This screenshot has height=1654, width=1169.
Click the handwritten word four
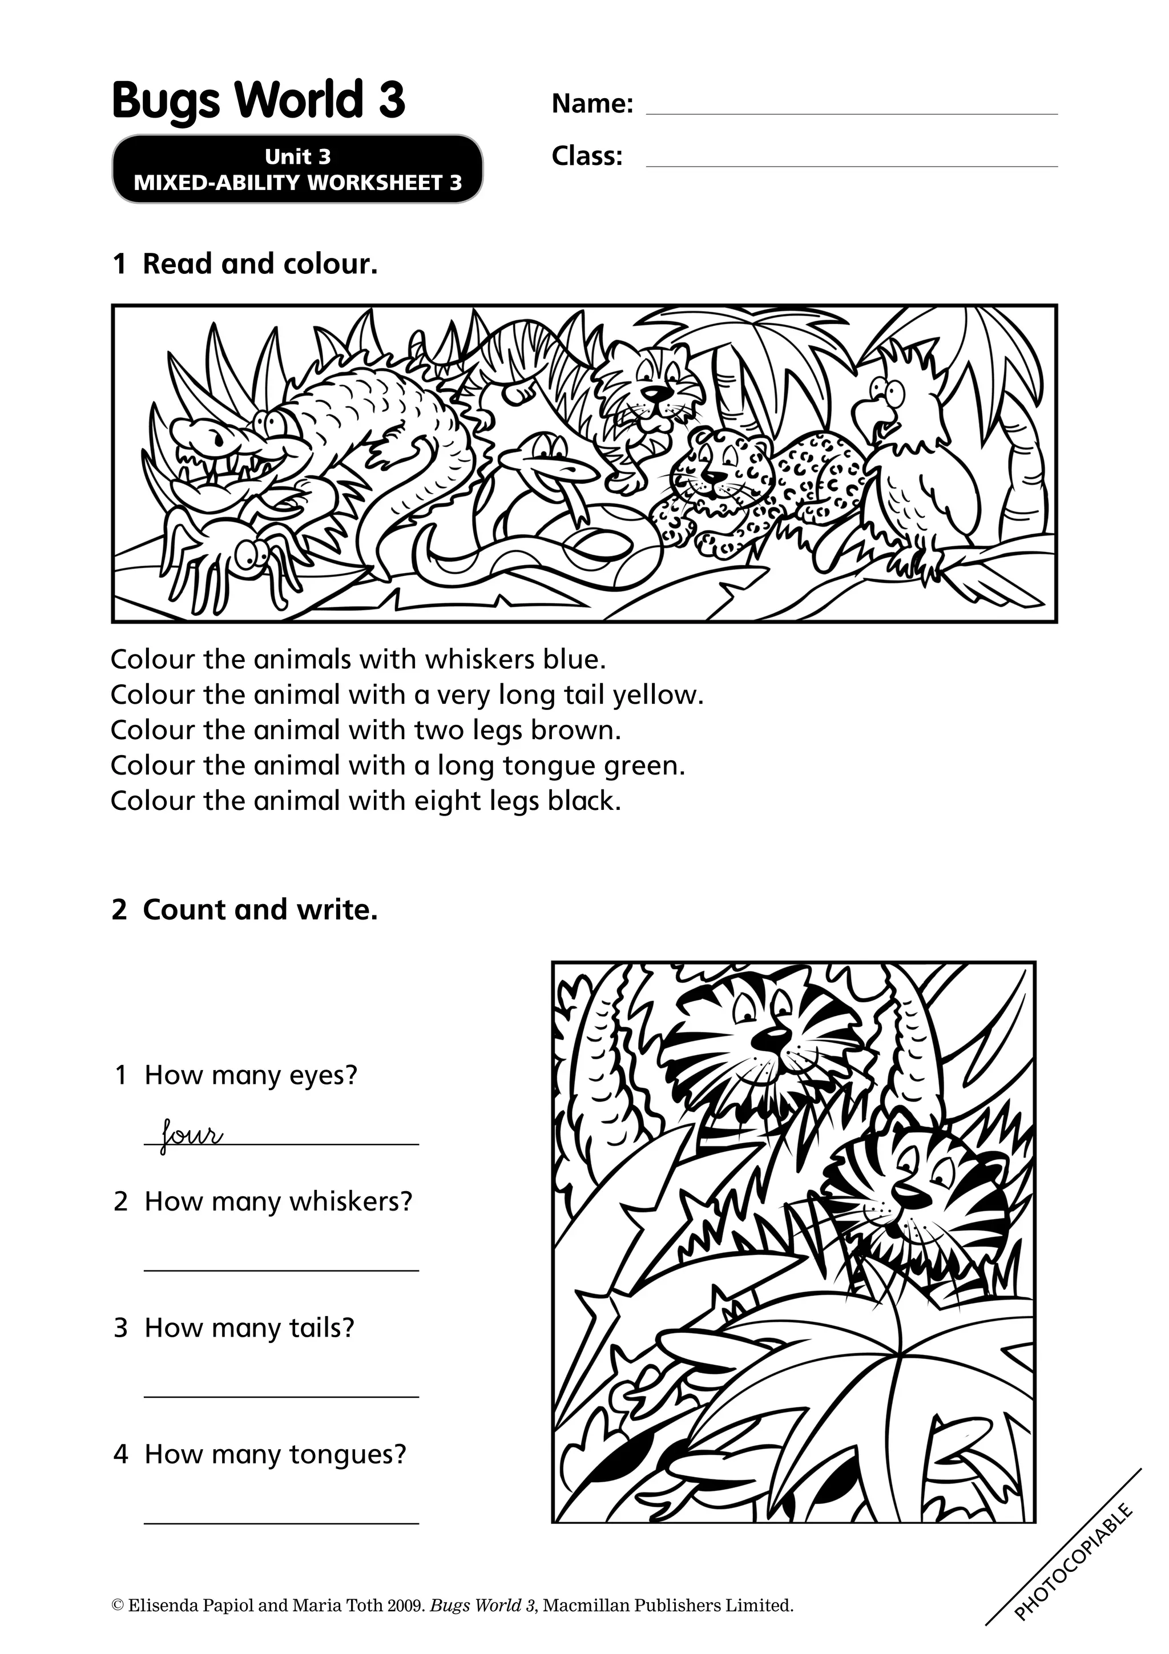point(191,1135)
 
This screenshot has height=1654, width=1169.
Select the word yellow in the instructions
point(657,695)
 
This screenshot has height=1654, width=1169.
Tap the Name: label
point(592,104)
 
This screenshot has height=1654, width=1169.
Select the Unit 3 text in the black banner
point(297,156)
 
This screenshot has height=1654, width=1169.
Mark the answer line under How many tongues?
point(281,1522)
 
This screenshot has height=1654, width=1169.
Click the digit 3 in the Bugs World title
point(390,99)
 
